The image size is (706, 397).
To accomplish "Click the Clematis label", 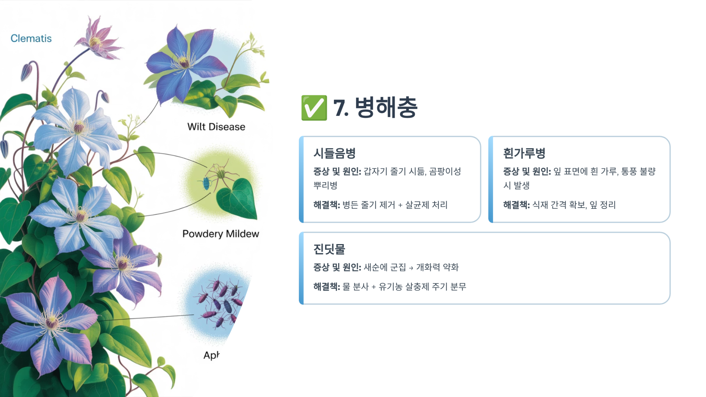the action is (x=31, y=38).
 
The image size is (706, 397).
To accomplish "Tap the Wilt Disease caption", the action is (x=216, y=127).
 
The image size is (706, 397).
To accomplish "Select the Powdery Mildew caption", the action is (x=221, y=234).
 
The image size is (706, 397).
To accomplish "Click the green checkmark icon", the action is (x=314, y=108).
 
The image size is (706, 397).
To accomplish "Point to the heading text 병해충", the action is (x=386, y=107).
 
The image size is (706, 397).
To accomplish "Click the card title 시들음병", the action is (x=334, y=153).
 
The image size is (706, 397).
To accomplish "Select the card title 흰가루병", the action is (x=524, y=153).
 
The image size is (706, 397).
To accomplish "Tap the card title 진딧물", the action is (x=329, y=249).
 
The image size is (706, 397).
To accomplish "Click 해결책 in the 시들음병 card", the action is (x=326, y=205).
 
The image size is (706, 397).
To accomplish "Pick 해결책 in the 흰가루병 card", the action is (x=516, y=205).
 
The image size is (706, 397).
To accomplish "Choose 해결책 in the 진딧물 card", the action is (x=326, y=286).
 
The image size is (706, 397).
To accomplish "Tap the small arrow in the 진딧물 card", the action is (x=411, y=268).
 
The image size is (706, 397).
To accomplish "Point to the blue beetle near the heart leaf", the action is (x=206, y=182).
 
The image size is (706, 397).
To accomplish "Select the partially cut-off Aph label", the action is (x=211, y=355).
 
